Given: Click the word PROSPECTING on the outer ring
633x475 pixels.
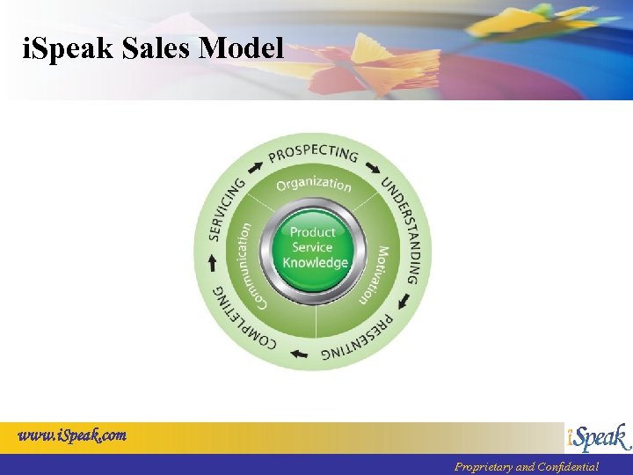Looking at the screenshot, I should (x=314, y=153).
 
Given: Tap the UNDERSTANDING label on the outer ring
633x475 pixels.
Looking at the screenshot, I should (x=405, y=230).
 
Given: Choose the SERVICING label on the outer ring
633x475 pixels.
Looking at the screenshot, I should (x=228, y=209).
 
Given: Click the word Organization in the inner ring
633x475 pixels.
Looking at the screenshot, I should (x=314, y=183).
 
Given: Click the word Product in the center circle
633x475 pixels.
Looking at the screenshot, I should (x=313, y=232).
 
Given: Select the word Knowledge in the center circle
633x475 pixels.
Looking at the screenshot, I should (x=316, y=263).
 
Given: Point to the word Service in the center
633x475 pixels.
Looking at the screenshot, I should (x=312, y=247).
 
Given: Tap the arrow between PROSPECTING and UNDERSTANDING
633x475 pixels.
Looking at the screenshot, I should (x=374, y=167).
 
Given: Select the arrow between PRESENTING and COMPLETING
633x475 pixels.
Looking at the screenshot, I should (x=299, y=354).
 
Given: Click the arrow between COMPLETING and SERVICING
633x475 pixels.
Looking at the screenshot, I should (x=211, y=262).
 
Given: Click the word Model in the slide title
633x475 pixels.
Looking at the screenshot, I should (x=242, y=47).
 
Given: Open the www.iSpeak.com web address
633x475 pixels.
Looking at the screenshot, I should (x=72, y=435).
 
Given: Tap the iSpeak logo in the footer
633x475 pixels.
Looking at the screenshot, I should (x=597, y=437).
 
